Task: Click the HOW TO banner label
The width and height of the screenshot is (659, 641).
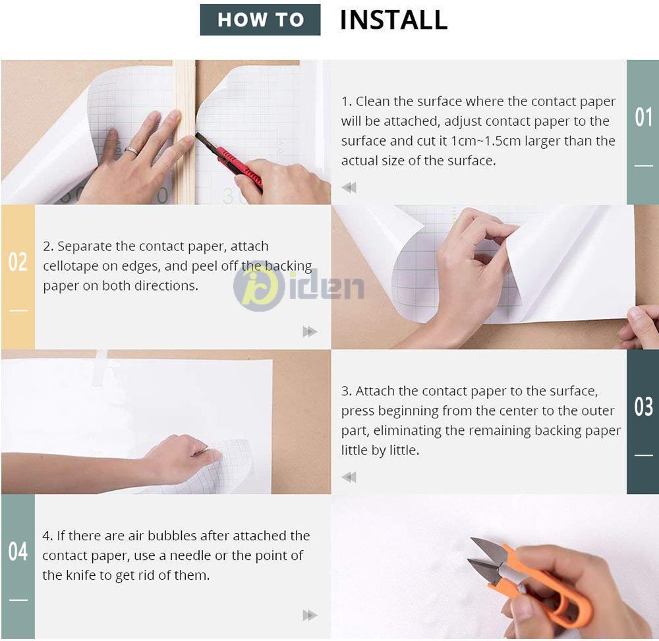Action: (260, 20)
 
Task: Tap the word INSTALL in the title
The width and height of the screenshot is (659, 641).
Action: (394, 20)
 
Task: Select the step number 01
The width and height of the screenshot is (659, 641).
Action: (643, 117)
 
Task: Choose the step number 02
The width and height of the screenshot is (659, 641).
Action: (18, 262)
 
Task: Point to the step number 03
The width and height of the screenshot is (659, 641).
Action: (643, 406)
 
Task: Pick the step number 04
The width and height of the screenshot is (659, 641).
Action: (18, 551)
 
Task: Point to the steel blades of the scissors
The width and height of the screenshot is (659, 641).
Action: (487, 559)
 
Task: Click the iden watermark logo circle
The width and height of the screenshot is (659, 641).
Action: (259, 287)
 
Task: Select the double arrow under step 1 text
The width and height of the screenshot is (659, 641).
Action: (349, 187)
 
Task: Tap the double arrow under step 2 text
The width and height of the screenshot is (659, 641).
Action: (310, 332)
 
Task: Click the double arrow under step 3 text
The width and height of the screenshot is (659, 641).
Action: (349, 477)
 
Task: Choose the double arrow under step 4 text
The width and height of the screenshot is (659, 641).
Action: (310, 615)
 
